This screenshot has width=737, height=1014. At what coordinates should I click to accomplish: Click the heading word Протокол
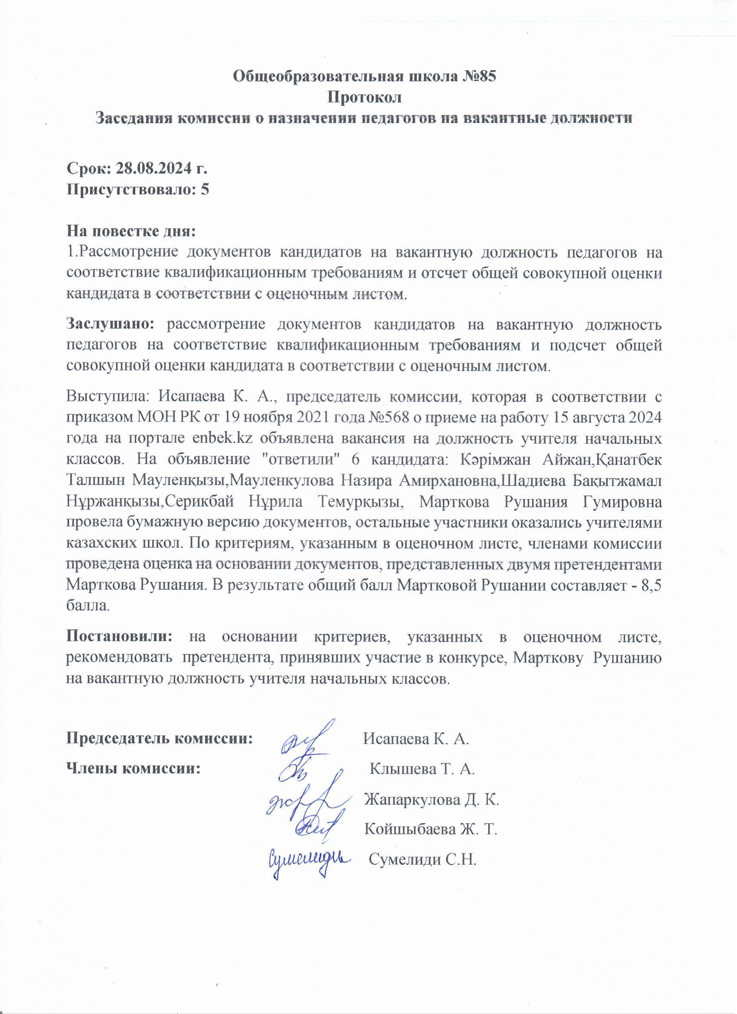(x=365, y=97)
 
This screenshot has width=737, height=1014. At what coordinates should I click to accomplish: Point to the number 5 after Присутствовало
(x=205, y=190)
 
